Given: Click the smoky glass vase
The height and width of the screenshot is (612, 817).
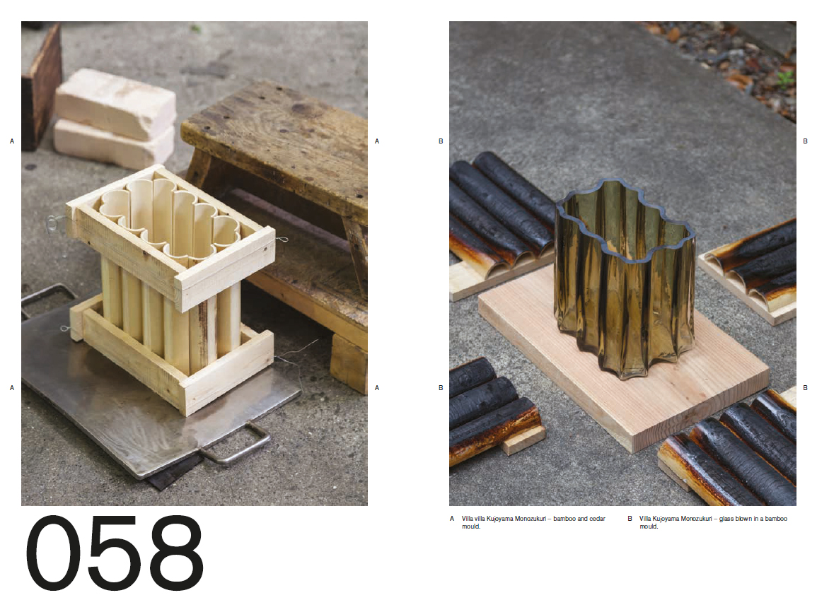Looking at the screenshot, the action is (624, 278).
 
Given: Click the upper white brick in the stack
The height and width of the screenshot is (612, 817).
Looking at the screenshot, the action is (116, 104).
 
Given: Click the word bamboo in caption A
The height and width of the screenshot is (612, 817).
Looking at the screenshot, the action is (564, 519).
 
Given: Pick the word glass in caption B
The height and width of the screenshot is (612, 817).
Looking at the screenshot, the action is (727, 519).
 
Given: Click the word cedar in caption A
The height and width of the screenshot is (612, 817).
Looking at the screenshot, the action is (597, 519).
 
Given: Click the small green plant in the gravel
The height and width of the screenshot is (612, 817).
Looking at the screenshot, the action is (785, 78).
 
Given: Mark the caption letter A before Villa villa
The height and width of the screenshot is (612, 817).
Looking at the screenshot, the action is (452, 519).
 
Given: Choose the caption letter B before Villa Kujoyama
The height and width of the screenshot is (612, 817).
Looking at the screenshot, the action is (630, 519).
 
